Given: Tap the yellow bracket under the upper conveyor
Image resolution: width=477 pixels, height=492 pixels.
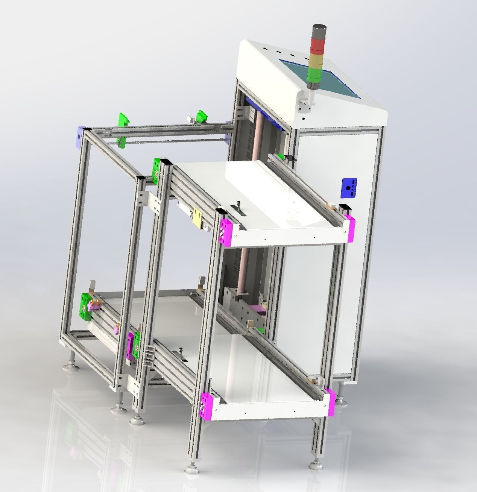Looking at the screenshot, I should point(197,217).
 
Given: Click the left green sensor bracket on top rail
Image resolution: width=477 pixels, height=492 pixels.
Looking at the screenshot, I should point(123,119).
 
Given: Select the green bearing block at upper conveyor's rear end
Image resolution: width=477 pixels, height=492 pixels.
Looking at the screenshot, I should point(156,169).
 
